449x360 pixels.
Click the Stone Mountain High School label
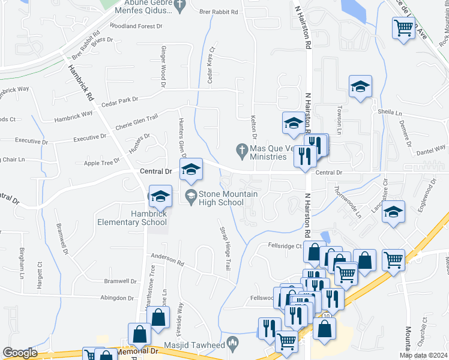click(x=220, y=198)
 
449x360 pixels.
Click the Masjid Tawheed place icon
click(x=233, y=343)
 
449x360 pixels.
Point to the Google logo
click(x=20, y=353)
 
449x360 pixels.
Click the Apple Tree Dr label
click(x=102, y=163)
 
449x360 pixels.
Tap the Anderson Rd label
click(x=167, y=261)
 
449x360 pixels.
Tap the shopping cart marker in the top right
click(x=403, y=27)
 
